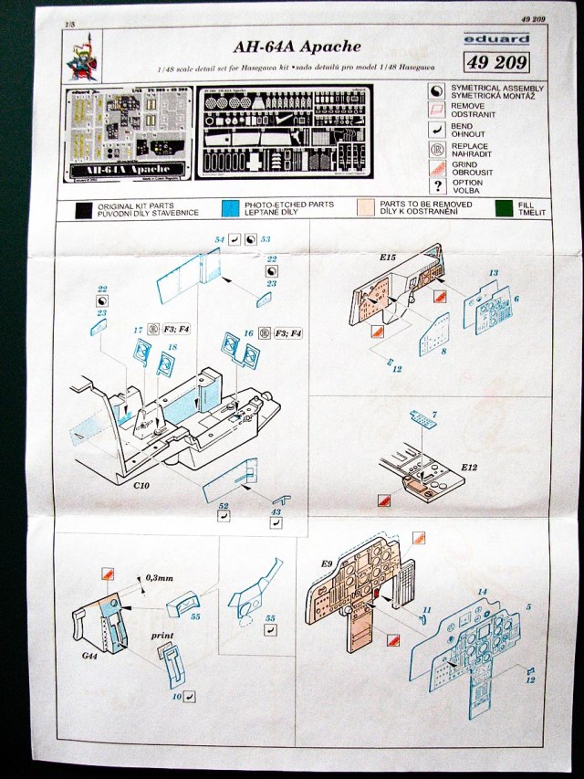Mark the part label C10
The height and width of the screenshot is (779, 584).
(x=141, y=487)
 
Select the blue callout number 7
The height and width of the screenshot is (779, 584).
(x=434, y=416)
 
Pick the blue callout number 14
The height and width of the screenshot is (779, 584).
(x=483, y=592)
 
